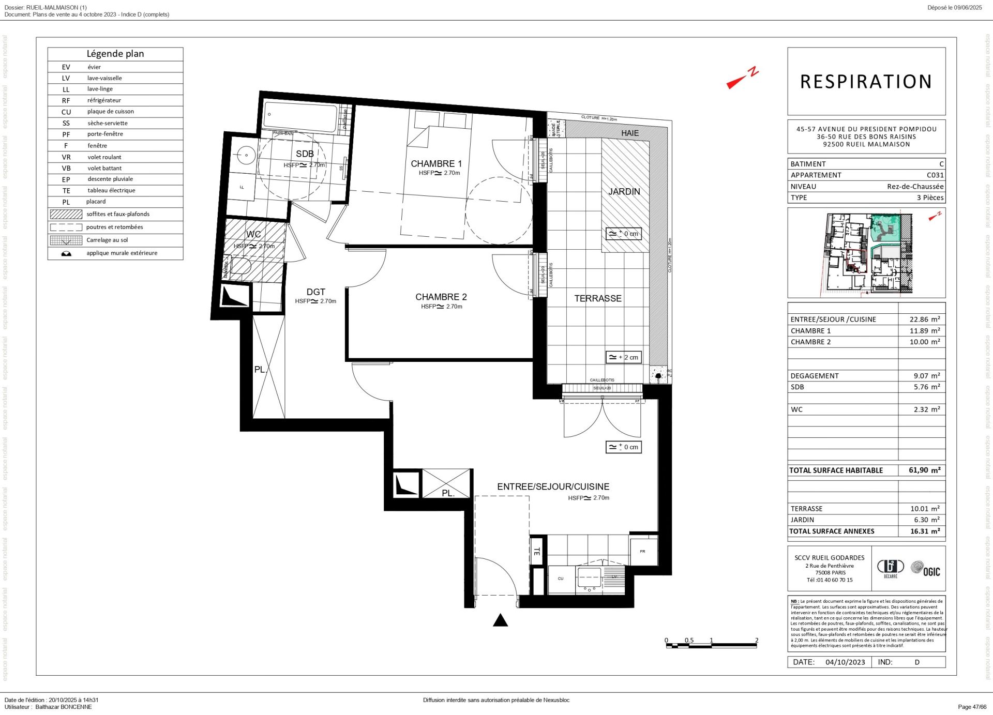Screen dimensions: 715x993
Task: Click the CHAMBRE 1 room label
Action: click(x=436, y=164)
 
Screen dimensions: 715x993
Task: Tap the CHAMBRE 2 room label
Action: click(x=441, y=297)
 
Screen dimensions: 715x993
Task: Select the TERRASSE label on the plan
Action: click(x=598, y=298)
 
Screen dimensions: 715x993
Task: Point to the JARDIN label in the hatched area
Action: click(x=624, y=191)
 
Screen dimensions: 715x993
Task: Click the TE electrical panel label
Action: click(x=536, y=552)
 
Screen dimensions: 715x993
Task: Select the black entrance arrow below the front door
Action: click(x=500, y=620)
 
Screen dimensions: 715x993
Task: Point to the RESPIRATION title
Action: click(x=866, y=82)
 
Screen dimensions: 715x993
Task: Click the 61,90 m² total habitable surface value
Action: click(x=924, y=470)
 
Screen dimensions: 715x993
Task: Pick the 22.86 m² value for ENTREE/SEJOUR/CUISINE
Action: click(x=924, y=320)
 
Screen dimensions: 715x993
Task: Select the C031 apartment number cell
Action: click(x=935, y=175)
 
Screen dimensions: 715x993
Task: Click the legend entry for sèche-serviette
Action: click(x=107, y=123)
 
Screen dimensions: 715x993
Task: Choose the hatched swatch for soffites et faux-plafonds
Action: click(x=66, y=214)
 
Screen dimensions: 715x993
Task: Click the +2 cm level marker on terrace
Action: click(x=624, y=357)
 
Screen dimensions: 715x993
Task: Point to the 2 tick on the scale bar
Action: click(x=757, y=640)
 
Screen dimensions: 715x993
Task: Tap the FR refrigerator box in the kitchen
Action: click(x=643, y=552)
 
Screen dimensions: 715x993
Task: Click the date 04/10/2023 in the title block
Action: click(x=845, y=662)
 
